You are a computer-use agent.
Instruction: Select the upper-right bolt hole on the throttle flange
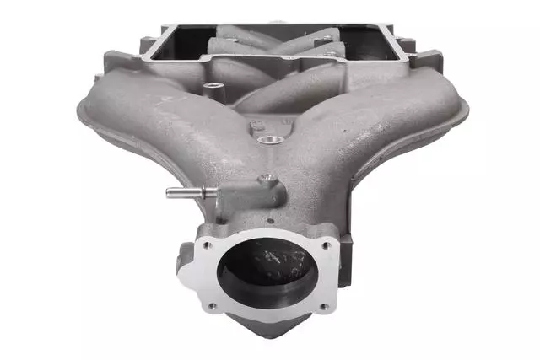(x=322, y=242)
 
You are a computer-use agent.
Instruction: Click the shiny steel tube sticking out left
(x=182, y=193)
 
